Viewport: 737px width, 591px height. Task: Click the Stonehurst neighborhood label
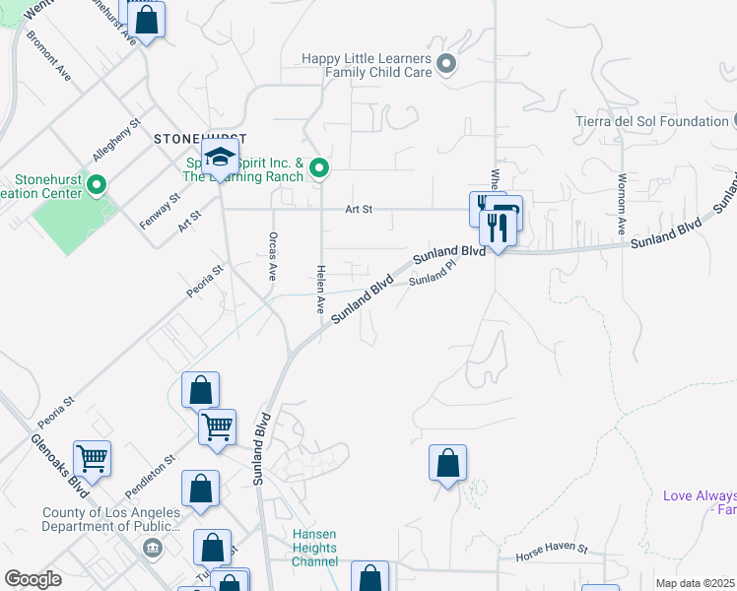pos(198,139)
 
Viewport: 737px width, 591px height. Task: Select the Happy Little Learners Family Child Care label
pos(367,65)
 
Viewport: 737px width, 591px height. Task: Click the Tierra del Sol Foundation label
pos(651,121)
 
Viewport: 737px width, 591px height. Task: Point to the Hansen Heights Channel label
pos(314,548)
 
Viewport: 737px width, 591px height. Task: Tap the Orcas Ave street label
pos(272,256)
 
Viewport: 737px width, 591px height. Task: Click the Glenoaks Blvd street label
pos(59,465)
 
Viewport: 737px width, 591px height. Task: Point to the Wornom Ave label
pos(622,204)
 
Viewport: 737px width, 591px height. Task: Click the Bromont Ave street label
pos(48,59)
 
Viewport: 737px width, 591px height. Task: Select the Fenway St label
pos(160,211)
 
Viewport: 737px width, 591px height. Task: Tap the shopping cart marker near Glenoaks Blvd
pos(92,456)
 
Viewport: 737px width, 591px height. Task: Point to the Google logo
pos(33,579)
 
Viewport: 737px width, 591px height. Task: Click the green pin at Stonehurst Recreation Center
pos(97,184)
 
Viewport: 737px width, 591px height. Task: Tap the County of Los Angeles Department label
pos(111,519)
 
